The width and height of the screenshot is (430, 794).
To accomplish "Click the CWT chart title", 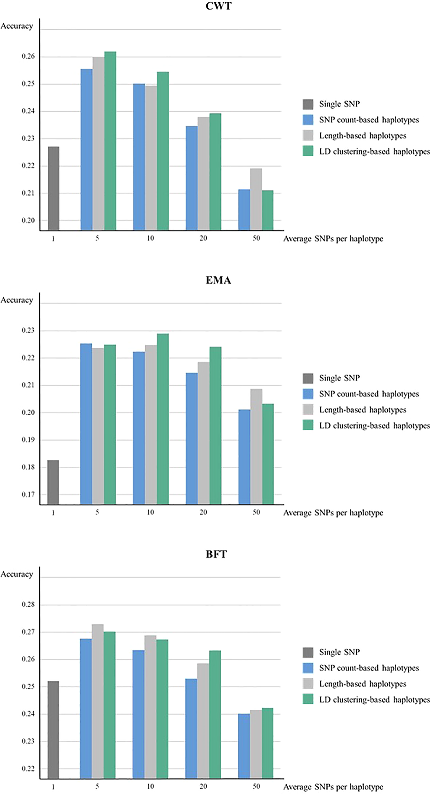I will pyautogui.click(x=218, y=6).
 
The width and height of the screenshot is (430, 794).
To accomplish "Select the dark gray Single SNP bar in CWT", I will pyautogui.click(x=53, y=188).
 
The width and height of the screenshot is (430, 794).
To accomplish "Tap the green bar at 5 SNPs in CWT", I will pyautogui.click(x=110, y=141).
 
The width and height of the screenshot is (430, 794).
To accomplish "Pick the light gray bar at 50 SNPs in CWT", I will pyautogui.click(x=256, y=199).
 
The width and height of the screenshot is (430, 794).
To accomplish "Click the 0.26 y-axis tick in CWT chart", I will pyautogui.click(x=28, y=56).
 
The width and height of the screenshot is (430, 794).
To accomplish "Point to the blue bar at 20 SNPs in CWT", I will pyautogui.click(x=191, y=178).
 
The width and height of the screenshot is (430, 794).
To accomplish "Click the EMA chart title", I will pyautogui.click(x=218, y=280).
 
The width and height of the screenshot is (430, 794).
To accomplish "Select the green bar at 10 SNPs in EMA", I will pyautogui.click(x=163, y=418).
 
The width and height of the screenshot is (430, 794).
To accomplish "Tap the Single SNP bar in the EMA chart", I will pyautogui.click(x=53, y=482).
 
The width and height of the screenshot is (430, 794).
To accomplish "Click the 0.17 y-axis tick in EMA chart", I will pyautogui.click(x=28, y=494).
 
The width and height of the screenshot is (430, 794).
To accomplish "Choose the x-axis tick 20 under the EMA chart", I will pyautogui.click(x=203, y=512).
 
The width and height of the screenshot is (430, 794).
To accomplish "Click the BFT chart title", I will pyautogui.click(x=216, y=554).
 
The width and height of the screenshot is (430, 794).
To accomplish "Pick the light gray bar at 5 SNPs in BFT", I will pyautogui.click(x=98, y=701).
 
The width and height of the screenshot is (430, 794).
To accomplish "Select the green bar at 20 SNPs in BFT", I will pyautogui.click(x=215, y=714).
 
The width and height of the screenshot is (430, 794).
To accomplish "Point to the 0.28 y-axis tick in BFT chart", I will pyautogui.click(x=28, y=604).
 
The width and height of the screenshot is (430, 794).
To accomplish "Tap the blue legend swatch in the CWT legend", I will pyautogui.click(x=308, y=120).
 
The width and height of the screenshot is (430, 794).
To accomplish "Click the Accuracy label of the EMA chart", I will pyautogui.click(x=17, y=300).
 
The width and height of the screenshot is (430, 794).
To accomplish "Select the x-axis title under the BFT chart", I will pyautogui.click(x=333, y=787).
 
